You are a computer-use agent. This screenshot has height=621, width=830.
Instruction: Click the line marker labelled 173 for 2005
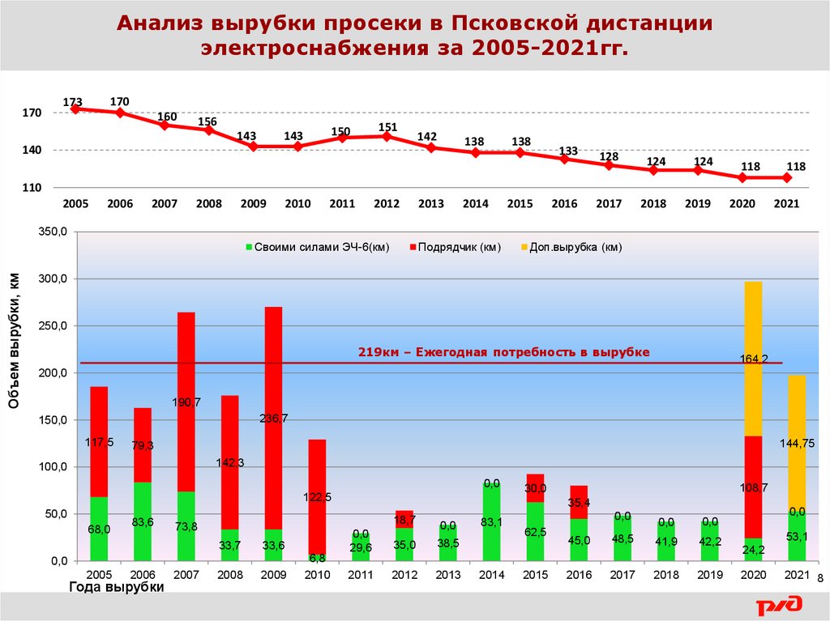[x=75, y=108]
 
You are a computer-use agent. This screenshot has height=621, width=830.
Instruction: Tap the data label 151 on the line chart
[x=387, y=126]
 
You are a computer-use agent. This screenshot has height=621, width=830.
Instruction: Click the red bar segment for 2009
[x=274, y=405]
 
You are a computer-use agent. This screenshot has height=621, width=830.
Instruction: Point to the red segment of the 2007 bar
[x=186, y=401]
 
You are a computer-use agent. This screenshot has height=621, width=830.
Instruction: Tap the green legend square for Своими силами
[x=249, y=248]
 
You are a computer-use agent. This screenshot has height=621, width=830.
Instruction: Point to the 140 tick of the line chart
[x=32, y=151]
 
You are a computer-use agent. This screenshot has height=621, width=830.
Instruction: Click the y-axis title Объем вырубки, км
[x=15, y=340]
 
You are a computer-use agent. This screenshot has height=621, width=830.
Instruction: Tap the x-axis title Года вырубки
[x=116, y=588]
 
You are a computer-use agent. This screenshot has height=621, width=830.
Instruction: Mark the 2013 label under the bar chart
[x=448, y=574]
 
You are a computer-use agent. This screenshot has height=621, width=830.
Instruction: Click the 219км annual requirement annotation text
[x=503, y=352]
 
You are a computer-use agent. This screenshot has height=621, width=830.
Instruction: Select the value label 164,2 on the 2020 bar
[x=753, y=358]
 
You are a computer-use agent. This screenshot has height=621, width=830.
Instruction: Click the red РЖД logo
[x=779, y=603]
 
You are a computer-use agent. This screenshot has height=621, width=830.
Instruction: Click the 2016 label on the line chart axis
[x=564, y=204]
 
